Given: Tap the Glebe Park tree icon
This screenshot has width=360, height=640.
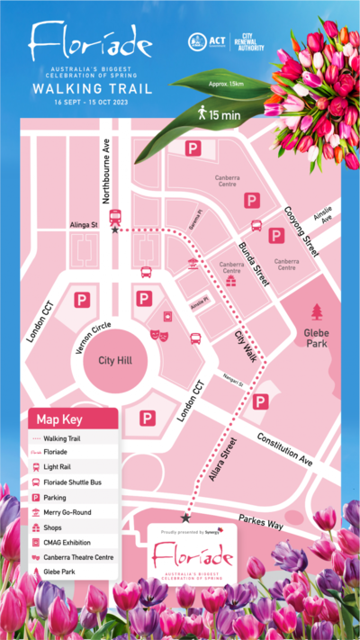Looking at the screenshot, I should [x=316, y=312].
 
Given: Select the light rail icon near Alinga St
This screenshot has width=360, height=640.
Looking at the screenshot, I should [x=115, y=216].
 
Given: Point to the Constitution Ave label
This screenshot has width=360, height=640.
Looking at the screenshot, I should [x=284, y=448].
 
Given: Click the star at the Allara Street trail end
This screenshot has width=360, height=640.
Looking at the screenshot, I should [x=185, y=518].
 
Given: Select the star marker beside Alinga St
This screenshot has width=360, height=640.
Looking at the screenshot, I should [x=114, y=230].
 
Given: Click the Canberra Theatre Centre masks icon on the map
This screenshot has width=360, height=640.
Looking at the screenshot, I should [x=158, y=336].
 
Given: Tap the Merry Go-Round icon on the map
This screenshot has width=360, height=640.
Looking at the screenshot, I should [x=192, y=264].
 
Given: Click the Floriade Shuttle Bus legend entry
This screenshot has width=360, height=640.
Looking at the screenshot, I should [x=76, y=482].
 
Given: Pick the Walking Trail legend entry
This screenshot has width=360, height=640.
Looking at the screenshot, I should [x=62, y=438].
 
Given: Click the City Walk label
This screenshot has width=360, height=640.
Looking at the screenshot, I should [x=245, y=347].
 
